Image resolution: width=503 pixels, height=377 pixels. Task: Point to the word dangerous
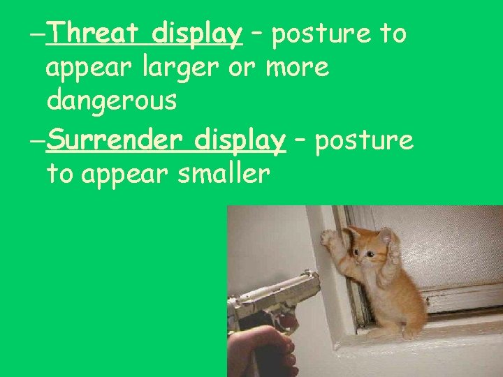click(111, 101)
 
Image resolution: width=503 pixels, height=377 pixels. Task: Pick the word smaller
click(224, 174)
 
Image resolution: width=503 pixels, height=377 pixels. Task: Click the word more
click(294, 68)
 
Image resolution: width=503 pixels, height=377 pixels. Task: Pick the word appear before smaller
click(126, 174)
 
